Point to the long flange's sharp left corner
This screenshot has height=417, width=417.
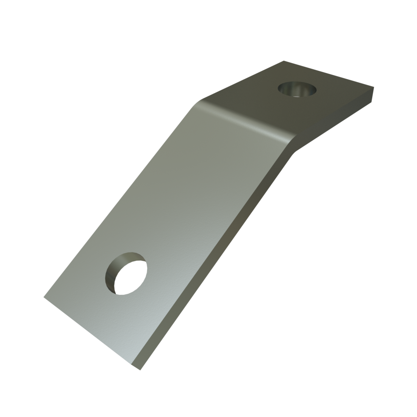pyautogui.click(x=44, y=297)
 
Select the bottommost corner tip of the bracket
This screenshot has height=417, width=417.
pyautogui.click(x=140, y=370)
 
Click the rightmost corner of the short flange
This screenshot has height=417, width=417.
pyautogui.click(x=374, y=88)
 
